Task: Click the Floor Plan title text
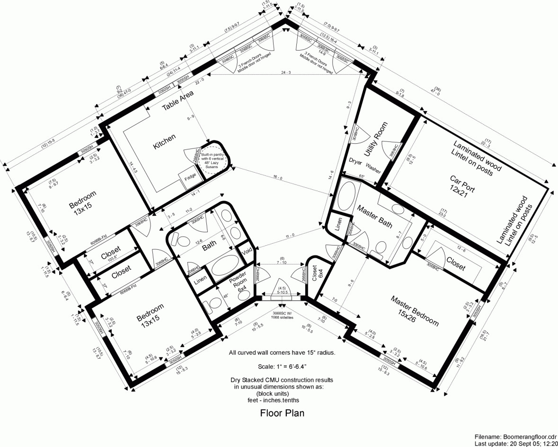[x=282, y=413]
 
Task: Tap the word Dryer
[x=356, y=161]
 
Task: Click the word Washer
[x=373, y=168]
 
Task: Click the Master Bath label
[x=374, y=216]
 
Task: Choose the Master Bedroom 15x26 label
[x=414, y=311]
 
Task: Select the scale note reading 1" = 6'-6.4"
[x=282, y=367]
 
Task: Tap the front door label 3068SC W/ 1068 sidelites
[x=283, y=316]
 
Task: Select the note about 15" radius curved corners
[x=282, y=353]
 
